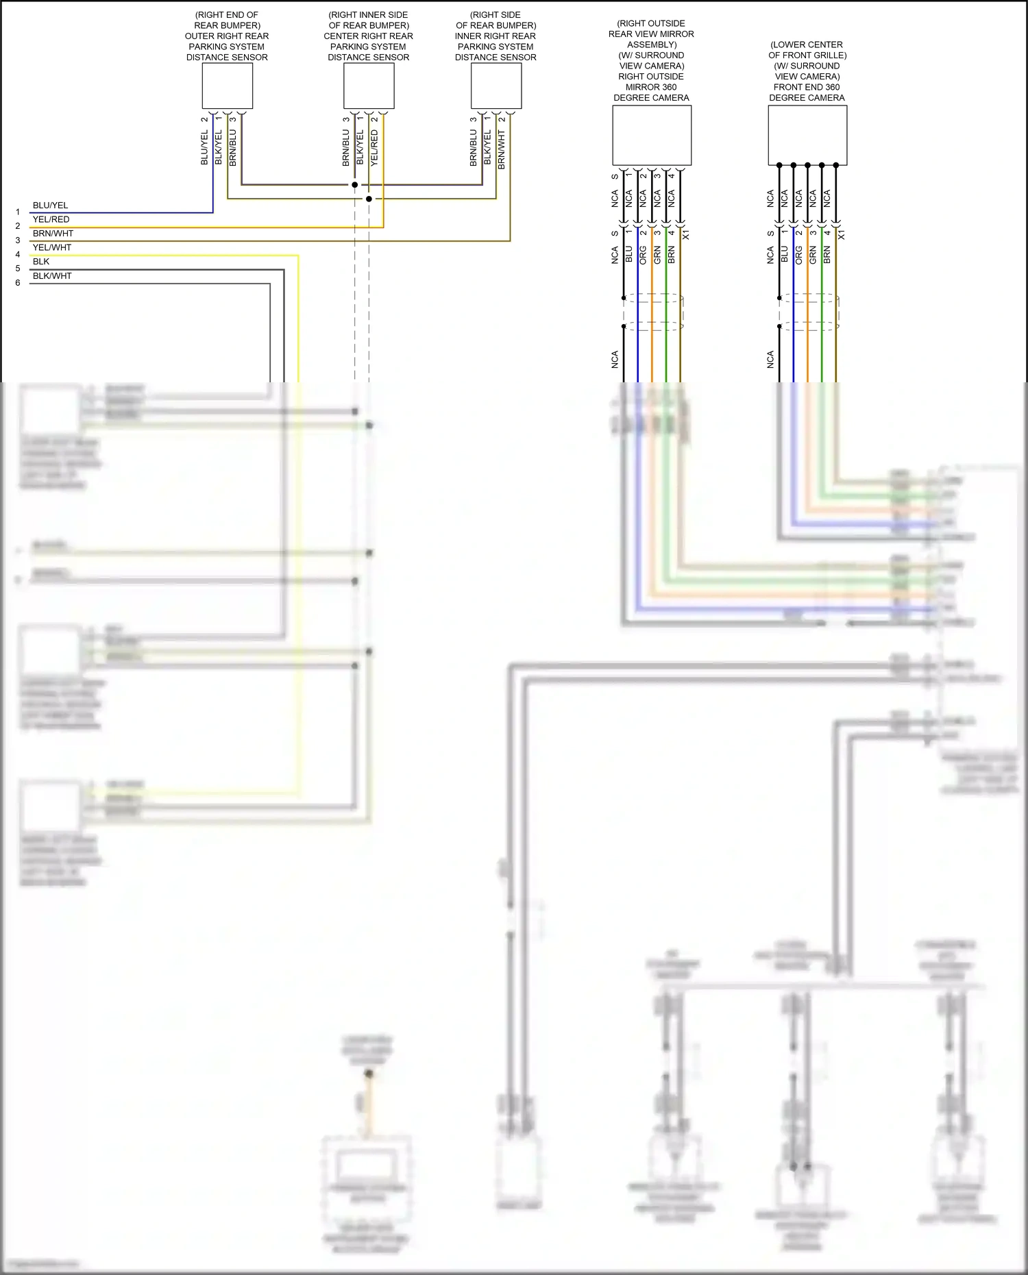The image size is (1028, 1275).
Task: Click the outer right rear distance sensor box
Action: click(227, 86)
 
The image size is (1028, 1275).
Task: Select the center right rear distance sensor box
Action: click(369, 86)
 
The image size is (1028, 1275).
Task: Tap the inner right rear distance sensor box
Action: click(496, 86)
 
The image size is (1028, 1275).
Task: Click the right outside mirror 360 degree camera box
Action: click(651, 136)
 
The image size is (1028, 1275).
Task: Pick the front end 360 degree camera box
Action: click(807, 136)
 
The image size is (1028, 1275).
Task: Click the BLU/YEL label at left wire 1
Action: click(50, 206)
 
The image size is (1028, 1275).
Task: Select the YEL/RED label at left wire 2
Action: click(51, 220)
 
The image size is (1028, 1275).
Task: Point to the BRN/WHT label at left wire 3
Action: click(53, 234)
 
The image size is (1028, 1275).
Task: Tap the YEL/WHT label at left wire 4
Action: click(52, 248)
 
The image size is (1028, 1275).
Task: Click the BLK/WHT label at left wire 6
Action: click(52, 276)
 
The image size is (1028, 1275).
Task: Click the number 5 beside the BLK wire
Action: click(18, 269)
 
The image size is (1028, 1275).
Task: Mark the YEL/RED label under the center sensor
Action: click(374, 148)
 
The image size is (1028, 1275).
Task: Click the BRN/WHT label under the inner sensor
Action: click(502, 150)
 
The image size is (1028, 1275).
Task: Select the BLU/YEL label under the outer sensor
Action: click(204, 148)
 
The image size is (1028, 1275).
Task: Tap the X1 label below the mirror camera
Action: click(686, 235)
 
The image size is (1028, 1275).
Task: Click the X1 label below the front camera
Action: click(842, 235)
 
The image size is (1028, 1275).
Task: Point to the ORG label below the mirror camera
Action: click(643, 256)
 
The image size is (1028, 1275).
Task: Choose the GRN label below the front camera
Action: click(813, 256)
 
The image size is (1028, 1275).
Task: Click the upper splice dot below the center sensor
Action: click(354, 185)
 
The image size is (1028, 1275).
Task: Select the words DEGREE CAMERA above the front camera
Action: click(807, 98)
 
